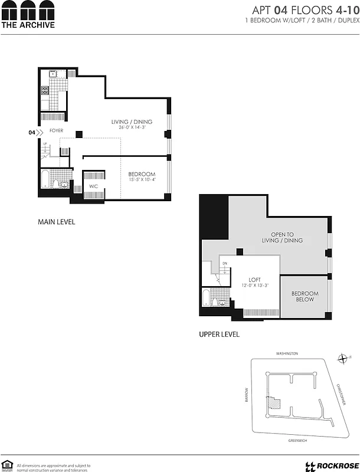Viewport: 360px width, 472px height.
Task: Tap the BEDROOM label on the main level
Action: coord(142,174)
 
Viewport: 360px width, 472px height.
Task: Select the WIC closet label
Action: coord(93,186)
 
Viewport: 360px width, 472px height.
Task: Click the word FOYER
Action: coord(56,130)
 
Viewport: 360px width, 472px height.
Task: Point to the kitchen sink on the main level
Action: coord(52,74)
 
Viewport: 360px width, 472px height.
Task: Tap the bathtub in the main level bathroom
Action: coord(46,179)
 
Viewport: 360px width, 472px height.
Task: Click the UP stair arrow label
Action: coord(45,143)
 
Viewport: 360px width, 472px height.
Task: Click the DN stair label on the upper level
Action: coord(224,263)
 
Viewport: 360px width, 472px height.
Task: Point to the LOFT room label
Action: coord(254,280)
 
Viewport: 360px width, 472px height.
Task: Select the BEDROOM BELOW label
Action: coord(305,296)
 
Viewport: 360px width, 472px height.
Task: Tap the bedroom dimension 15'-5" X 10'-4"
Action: coord(142,179)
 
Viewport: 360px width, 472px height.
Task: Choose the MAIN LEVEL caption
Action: coord(56,222)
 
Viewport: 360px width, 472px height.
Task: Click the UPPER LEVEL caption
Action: coord(219,335)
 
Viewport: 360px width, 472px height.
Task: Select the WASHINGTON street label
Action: coord(287,353)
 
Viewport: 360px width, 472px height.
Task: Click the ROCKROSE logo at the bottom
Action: coord(329,466)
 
